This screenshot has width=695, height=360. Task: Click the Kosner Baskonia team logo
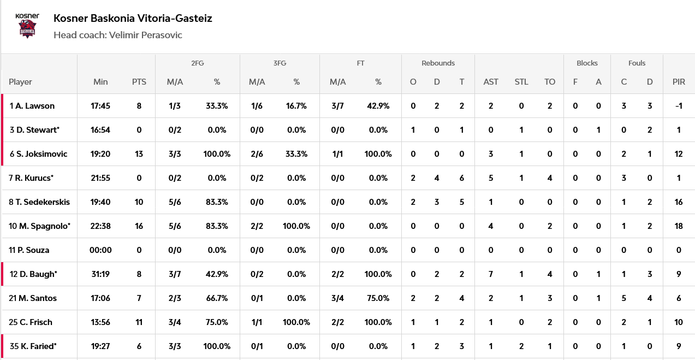pos(27,26)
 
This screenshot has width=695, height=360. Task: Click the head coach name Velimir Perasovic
pos(146,35)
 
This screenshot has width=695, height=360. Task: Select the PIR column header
pos(679,82)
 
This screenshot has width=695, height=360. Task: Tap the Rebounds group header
pos(438,63)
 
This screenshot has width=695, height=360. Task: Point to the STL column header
pos(521,82)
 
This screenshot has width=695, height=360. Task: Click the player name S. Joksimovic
pos(41,154)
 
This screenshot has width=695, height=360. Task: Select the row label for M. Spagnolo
pos(39,226)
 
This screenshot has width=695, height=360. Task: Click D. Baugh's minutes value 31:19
pos(100,274)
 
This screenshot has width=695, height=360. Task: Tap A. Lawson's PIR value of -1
pos(679,106)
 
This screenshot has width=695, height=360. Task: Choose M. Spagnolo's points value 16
pos(139,226)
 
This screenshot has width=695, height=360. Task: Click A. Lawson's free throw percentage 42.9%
pos(378,106)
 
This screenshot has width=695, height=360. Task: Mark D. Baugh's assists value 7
pos(490,274)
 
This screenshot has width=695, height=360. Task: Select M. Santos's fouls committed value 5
pos(623,298)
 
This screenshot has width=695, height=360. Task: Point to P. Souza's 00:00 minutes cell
pos(100,250)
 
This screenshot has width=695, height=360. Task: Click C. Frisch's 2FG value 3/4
pos(175,322)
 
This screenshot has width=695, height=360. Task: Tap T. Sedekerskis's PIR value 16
pos(679,202)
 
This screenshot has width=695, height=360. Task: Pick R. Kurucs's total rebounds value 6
pos(462,178)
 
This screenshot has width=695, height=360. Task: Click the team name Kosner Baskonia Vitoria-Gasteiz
pos(133,19)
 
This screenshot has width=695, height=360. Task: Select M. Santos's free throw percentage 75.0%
pos(378,298)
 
